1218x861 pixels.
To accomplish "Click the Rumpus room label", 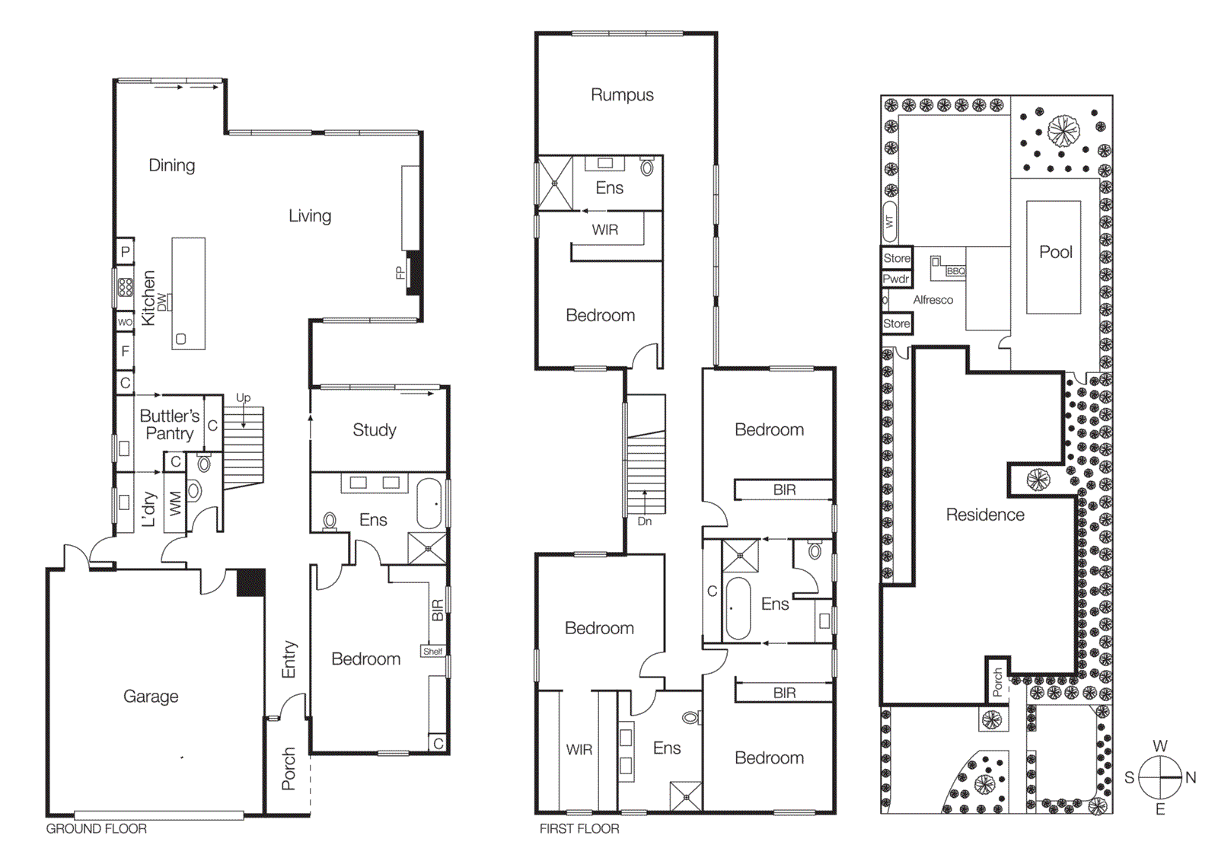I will pos(622,95).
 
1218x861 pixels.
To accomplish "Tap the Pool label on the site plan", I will pos(1055,252).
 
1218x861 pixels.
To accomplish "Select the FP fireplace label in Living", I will pos(400,273).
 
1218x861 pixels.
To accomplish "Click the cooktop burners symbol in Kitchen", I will pos(125,287).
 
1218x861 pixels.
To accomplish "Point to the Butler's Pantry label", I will pos(169,425).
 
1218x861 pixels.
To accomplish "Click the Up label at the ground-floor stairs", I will pos(243,398).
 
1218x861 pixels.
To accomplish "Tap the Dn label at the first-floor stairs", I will pos(645,521).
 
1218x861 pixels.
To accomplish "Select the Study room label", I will pos(374,430).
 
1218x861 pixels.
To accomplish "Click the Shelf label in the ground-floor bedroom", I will pos(432,652).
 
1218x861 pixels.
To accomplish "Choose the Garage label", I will pos(151,697).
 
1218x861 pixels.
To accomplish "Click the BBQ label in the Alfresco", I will pos(955,272).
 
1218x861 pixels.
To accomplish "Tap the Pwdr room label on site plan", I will pos(896,279).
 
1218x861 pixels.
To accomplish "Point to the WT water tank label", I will pos(889,222).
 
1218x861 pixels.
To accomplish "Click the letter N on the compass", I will pos(1191,778).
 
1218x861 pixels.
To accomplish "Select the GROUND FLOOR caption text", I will pos(96,829).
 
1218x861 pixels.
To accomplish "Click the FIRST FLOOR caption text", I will pos(579,829).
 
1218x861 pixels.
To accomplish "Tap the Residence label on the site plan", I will pos(984,515).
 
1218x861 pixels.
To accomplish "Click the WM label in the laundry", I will pos(176,503).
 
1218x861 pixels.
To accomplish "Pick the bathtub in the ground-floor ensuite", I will pos(429,503).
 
